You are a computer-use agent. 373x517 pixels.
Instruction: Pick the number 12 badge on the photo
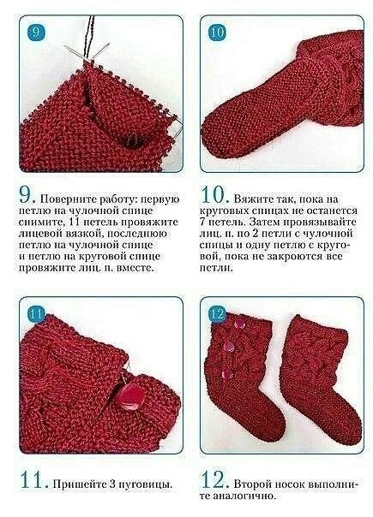point(215,313)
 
